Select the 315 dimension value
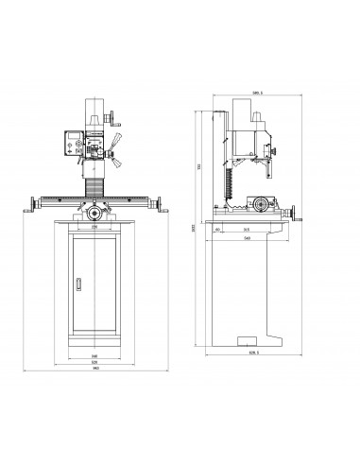[246, 228]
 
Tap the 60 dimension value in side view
[219, 228]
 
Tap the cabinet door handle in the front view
[79, 282]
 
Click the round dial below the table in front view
[94, 215]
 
